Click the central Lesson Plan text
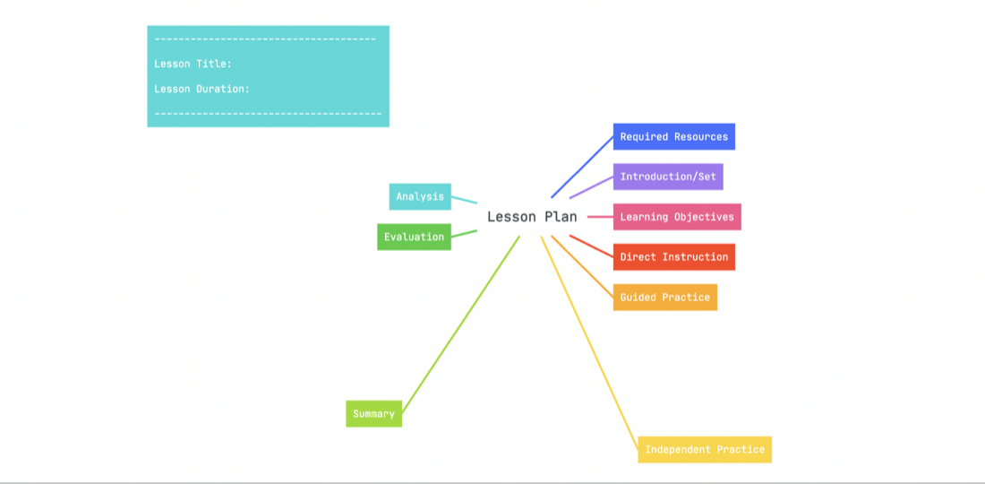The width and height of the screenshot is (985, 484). click(532, 217)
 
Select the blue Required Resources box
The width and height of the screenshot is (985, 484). click(674, 136)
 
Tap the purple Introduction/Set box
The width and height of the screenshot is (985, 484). click(668, 177)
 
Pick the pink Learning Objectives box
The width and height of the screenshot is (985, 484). click(677, 217)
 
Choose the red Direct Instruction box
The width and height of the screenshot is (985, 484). click(674, 257)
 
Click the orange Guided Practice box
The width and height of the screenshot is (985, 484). click(665, 298)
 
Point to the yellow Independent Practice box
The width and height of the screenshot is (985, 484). click(705, 449)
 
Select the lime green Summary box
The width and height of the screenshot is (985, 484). click(373, 413)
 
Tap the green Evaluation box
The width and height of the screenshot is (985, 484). click(414, 237)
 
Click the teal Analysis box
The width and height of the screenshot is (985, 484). click(420, 197)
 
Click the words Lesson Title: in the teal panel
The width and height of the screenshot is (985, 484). click(193, 64)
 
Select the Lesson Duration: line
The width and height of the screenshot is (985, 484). click(202, 89)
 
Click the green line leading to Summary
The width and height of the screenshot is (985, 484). click(460, 324)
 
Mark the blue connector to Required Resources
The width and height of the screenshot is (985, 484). click(582, 167)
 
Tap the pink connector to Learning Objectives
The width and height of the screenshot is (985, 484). click(601, 217)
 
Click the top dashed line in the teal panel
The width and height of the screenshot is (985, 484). click(265, 39)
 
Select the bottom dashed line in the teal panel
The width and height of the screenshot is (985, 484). click(269, 114)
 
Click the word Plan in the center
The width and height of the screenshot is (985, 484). click(561, 217)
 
